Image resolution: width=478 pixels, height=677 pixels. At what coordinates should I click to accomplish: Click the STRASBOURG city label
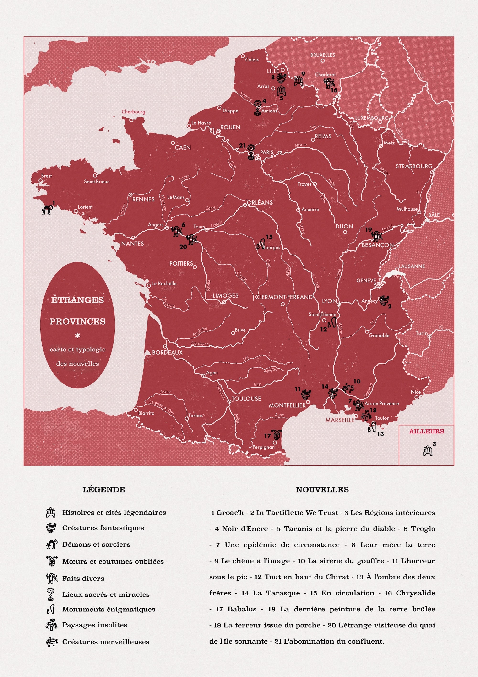tap(414, 166)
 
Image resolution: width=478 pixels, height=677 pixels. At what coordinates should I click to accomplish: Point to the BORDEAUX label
tap(167, 352)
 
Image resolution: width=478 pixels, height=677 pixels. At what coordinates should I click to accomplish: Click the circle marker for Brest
tap(41, 180)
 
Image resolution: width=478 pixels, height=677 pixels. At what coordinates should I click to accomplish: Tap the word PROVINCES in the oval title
tap(77, 322)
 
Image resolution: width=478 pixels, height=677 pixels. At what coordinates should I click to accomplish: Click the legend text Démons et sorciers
tap(96, 545)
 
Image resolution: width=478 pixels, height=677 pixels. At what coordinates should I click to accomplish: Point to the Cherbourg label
tap(133, 112)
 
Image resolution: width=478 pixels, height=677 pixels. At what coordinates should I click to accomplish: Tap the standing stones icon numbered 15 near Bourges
tap(261, 244)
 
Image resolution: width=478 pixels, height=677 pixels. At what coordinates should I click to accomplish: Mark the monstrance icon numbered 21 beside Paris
tap(251, 152)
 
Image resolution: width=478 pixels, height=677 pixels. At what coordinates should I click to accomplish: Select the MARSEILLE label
tap(340, 420)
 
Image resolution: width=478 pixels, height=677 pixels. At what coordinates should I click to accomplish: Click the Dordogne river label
tap(200, 344)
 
